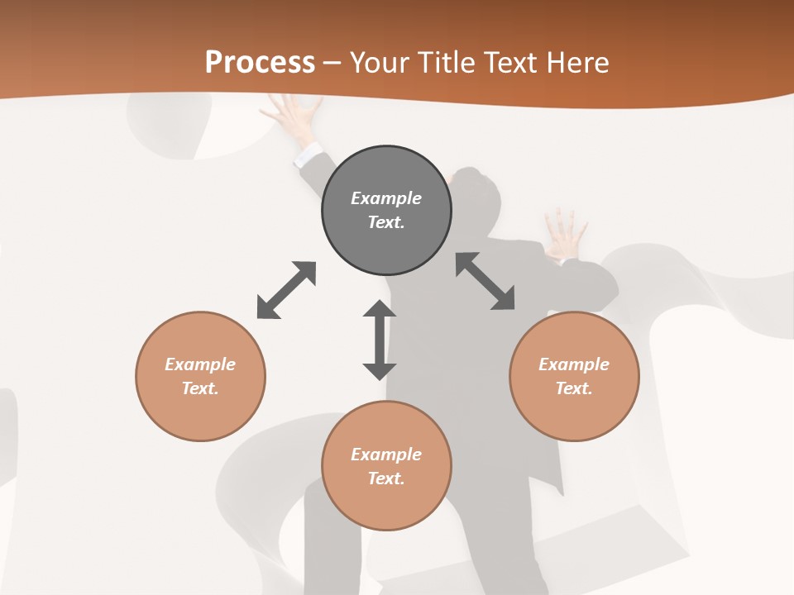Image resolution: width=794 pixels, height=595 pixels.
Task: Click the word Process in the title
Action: pyautogui.click(x=260, y=62)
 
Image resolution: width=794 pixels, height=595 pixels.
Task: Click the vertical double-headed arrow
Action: pyautogui.click(x=380, y=340)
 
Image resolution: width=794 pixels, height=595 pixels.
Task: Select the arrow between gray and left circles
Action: pyautogui.click(x=286, y=290)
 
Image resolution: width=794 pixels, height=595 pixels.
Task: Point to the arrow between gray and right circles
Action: pyautogui.click(x=485, y=281)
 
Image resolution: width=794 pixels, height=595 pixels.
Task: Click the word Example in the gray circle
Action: pyautogui.click(x=386, y=198)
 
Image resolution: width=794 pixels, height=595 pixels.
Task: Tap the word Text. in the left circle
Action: pyautogui.click(x=200, y=388)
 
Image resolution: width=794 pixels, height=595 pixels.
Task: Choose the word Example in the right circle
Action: pyautogui.click(x=574, y=364)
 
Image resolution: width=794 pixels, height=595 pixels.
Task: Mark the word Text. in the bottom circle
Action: pyautogui.click(x=386, y=478)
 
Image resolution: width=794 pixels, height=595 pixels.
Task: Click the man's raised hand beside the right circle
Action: pyautogui.click(x=566, y=234)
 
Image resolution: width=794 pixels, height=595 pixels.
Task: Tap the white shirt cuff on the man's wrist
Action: pyautogui.click(x=309, y=154)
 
